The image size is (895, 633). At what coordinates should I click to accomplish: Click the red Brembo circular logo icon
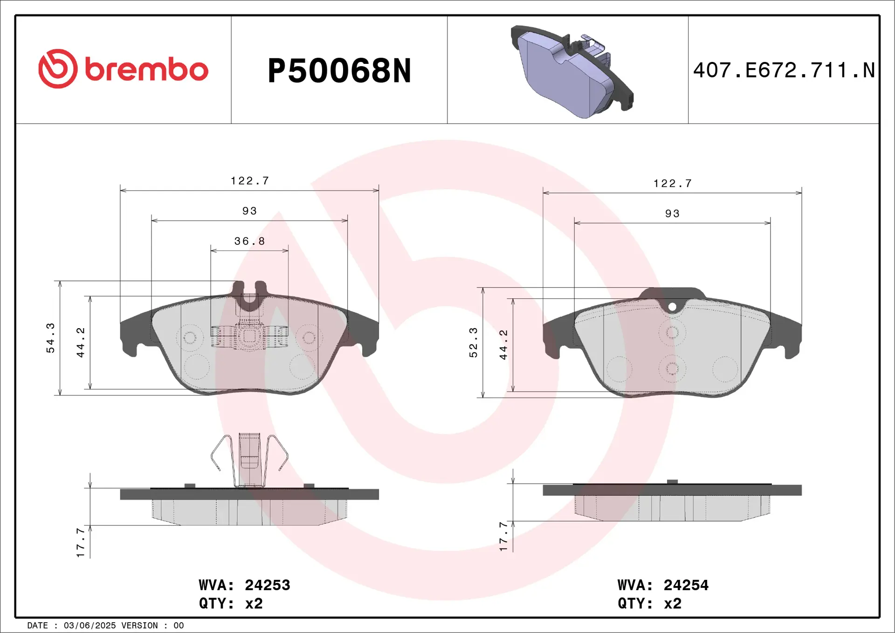point(58,69)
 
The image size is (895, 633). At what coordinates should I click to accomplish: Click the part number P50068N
point(339,71)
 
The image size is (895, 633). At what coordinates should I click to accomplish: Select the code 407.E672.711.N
point(784,70)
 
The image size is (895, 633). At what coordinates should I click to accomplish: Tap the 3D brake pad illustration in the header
point(572,71)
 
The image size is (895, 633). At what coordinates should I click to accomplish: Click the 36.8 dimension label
point(249,241)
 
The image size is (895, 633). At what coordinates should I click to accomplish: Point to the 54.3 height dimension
point(50,337)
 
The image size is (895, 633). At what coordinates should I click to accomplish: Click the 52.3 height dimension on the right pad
point(473,342)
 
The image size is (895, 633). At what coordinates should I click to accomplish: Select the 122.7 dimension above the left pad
point(250,180)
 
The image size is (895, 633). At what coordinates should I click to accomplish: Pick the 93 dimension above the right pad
point(672,213)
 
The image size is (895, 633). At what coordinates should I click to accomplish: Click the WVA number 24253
point(267,585)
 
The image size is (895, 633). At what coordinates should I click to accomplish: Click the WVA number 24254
point(686,585)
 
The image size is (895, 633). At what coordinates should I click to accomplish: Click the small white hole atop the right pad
point(672,307)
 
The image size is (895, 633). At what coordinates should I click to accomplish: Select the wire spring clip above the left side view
point(249,459)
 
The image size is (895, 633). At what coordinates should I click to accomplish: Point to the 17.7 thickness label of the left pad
point(80,543)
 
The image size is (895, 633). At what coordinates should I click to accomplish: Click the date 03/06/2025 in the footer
point(89,626)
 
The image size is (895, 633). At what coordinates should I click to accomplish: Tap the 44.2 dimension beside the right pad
point(503,344)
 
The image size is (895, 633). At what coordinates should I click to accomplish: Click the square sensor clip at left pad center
point(249,337)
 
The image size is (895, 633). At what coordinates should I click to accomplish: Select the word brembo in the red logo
point(146,69)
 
